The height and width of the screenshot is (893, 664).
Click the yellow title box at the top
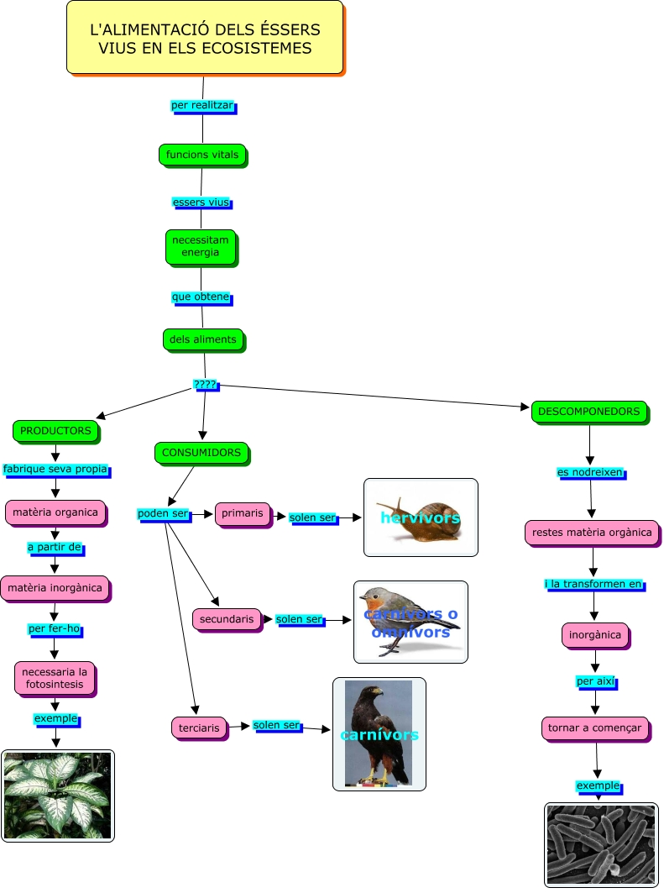[x=205, y=38]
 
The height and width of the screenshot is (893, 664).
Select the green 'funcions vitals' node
[x=201, y=155]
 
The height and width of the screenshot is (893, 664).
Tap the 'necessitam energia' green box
[x=201, y=246]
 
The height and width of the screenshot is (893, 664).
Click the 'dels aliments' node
[x=202, y=339]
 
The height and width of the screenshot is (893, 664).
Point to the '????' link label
[x=205, y=385]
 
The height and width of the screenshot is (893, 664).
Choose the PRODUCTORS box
[x=55, y=431]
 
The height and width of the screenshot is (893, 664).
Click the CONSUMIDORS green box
[x=201, y=453]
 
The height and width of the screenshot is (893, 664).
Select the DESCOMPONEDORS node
[x=588, y=412]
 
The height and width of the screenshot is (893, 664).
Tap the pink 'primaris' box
[x=242, y=513]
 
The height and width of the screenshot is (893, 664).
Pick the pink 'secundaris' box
[x=227, y=619]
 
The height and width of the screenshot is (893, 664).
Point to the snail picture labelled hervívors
[x=421, y=517]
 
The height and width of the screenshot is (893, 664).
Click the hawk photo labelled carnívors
[x=379, y=734]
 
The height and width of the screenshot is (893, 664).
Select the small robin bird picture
[x=410, y=622]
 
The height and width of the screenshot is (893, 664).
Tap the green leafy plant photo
[x=57, y=796]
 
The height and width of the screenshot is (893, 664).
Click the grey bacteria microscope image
[x=601, y=844]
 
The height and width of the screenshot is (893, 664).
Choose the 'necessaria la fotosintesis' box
[x=55, y=678]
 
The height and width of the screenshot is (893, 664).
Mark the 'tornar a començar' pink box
[x=595, y=728]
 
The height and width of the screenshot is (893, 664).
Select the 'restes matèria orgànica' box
[x=591, y=532]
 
